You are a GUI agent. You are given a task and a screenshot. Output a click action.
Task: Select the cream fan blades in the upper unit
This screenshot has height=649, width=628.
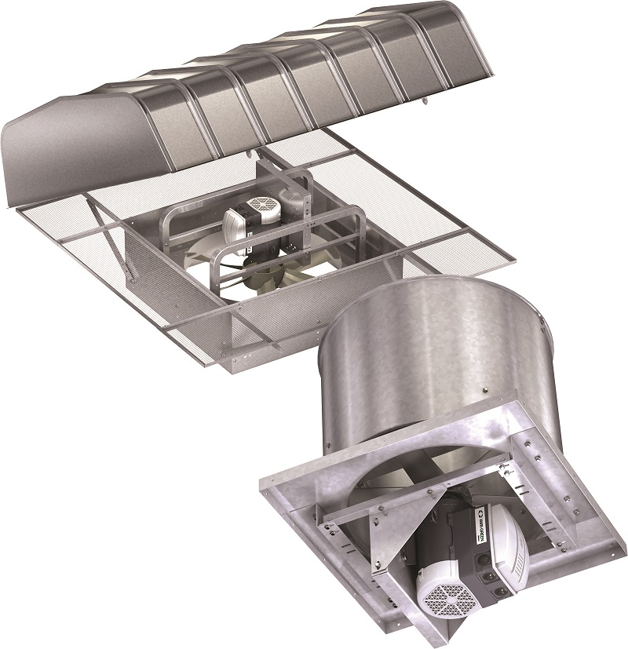[267, 275]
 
